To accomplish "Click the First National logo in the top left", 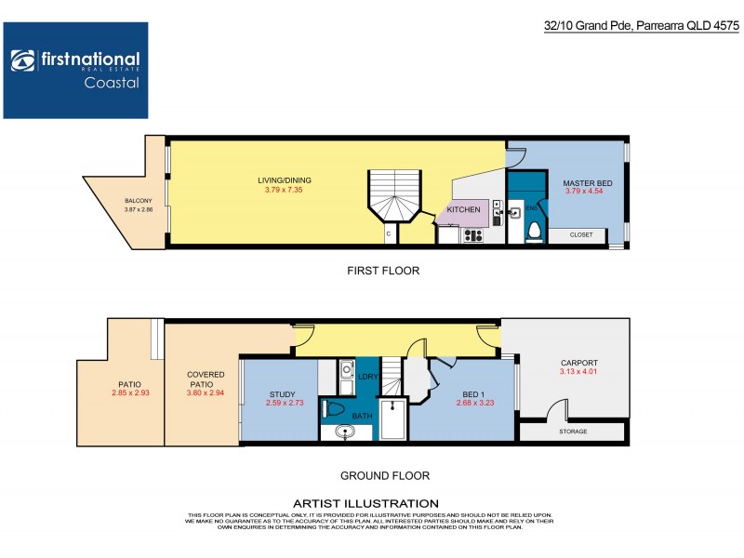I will [x=75, y=71].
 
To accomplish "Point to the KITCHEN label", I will [x=463, y=210].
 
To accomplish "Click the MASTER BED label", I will [x=585, y=181].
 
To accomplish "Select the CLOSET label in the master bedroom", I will [x=582, y=235].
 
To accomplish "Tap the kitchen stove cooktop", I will [x=472, y=235].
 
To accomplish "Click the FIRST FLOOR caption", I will [x=384, y=271].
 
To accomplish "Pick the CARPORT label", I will [x=578, y=364].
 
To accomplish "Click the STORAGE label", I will [x=573, y=432].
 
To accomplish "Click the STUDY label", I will [x=282, y=394].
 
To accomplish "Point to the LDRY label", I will [x=366, y=376].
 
